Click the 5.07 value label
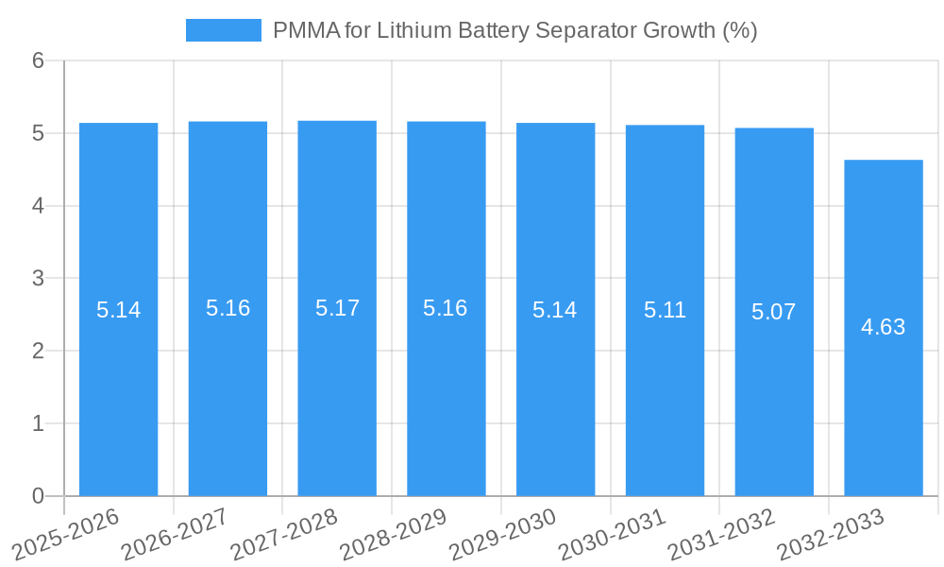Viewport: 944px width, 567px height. [773, 312]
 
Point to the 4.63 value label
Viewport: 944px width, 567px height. [883, 327]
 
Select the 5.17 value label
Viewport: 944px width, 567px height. [337, 308]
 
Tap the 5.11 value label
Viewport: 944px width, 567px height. [665, 310]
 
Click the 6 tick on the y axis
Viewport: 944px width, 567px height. [38, 60]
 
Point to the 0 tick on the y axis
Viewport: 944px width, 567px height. [38, 496]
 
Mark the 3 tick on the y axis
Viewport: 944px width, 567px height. [38, 279]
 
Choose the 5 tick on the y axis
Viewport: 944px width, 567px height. [38, 133]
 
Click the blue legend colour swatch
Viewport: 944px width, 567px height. [223, 30]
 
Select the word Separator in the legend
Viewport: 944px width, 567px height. [585, 30]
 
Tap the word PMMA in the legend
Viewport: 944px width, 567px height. [304, 30]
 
